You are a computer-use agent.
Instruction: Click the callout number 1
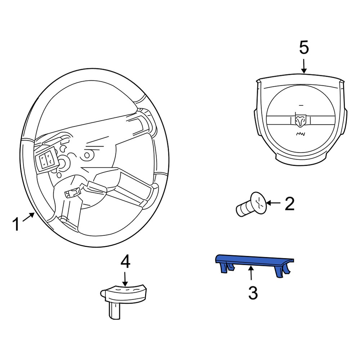[x=16, y=224]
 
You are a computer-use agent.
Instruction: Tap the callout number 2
[x=289, y=203]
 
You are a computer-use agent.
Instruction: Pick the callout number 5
[x=304, y=48]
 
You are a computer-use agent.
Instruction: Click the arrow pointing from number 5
[x=304, y=66]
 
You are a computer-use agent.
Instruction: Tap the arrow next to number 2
[x=273, y=203]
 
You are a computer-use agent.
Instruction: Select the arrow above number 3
[x=251, y=273]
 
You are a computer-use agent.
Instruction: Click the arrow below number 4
[x=125, y=279]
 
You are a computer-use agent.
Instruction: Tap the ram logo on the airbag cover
[x=300, y=121]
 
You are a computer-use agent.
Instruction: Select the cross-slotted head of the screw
[x=259, y=203]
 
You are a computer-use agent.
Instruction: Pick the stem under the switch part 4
[x=114, y=310]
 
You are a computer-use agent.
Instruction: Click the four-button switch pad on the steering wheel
[x=46, y=159]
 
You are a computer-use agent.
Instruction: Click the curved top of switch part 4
[x=125, y=289]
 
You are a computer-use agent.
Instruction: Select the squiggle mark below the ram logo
[x=300, y=134]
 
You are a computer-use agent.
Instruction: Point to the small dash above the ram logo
[x=301, y=105]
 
